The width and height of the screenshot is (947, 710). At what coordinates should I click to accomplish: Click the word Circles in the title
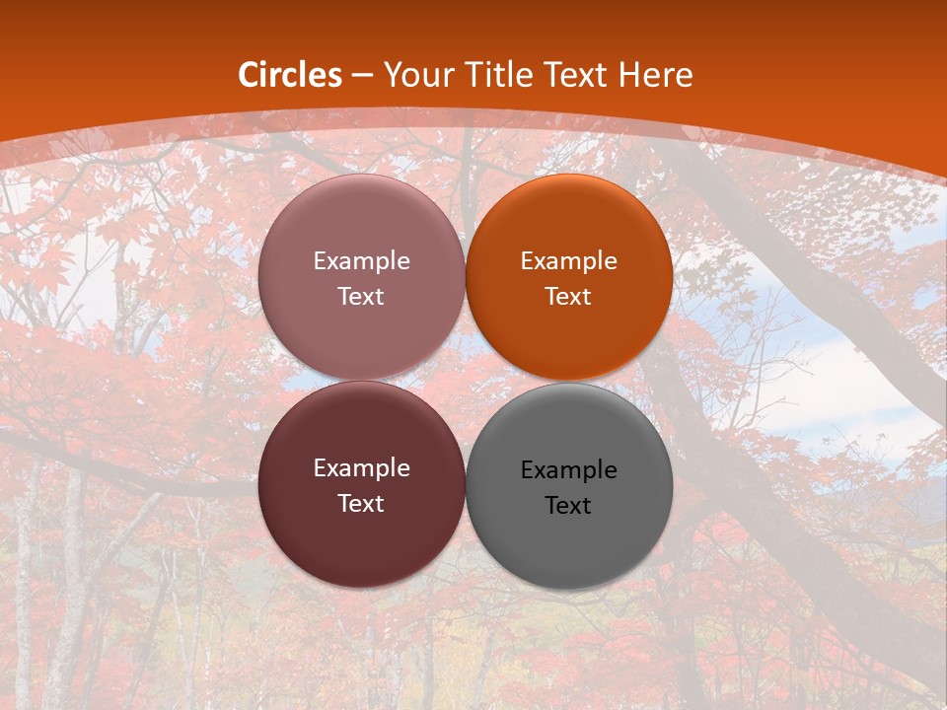click(290, 75)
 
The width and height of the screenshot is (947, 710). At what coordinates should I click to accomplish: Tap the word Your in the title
click(415, 75)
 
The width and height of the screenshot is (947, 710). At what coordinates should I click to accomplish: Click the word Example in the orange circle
click(569, 261)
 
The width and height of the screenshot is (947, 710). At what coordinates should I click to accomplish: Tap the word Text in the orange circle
click(569, 297)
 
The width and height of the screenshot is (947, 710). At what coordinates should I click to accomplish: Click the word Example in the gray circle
click(569, 470)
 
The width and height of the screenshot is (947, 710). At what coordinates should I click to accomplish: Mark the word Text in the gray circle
click(569, 506)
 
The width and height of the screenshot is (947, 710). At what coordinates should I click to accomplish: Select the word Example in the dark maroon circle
click(361, 468)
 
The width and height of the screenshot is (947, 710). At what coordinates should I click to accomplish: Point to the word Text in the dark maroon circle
click(361, 504)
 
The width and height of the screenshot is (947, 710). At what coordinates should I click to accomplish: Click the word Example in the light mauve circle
click(361, 261)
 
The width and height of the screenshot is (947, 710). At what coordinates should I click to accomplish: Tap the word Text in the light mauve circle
click(361, 297)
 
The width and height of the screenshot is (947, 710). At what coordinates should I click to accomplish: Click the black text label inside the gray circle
click(569, 488)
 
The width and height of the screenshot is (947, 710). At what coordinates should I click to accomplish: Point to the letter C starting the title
click(250, 75)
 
